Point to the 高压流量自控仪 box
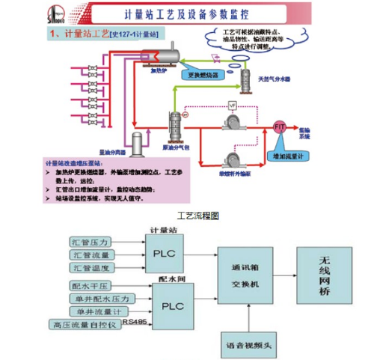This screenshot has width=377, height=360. pyautogui.click(x=84, y=324)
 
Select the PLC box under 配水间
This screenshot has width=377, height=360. pyautogui.click(x=173, y=305)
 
